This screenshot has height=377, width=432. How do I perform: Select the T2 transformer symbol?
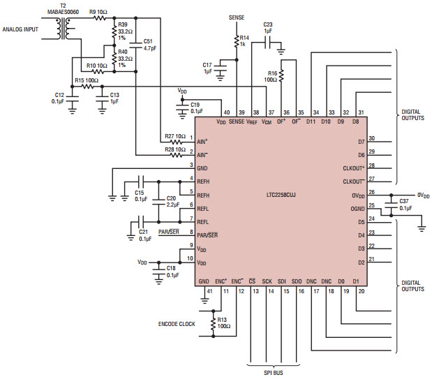click(68, 29)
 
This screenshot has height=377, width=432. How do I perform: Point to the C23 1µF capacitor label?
click(268, 28)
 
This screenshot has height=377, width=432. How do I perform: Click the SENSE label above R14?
click(237, 17)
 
